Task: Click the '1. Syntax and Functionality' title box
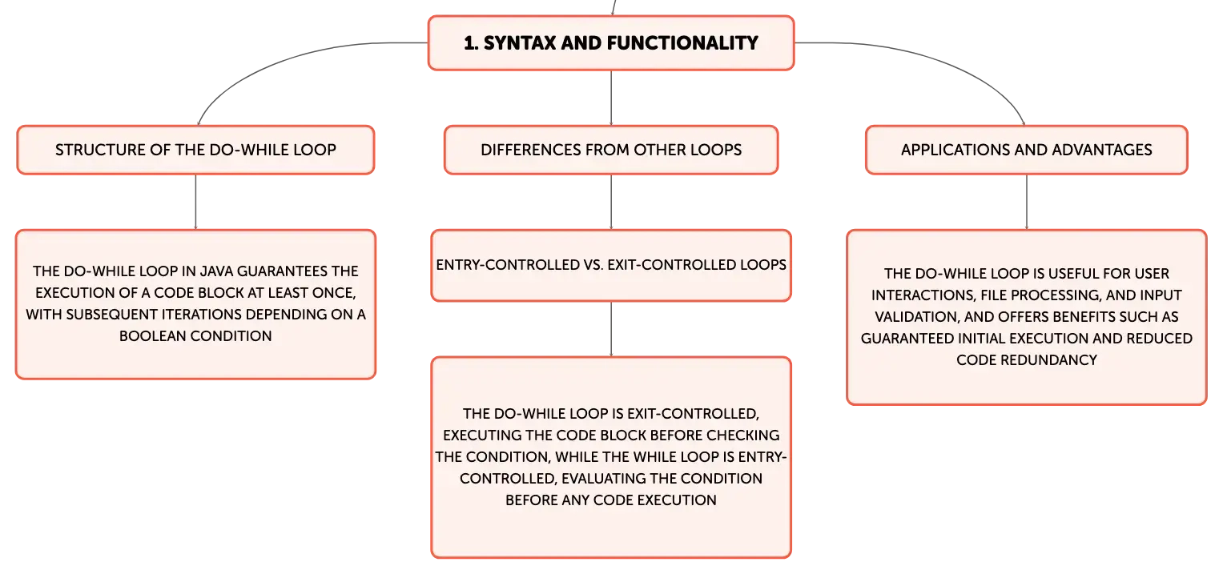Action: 611,43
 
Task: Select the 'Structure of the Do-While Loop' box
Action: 195,150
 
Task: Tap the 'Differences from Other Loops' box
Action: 611,150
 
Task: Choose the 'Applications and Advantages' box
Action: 1027,150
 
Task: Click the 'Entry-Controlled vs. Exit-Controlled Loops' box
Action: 611,265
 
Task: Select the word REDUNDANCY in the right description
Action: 1049,360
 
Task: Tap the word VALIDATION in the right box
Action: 916,317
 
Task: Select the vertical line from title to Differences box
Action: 611,98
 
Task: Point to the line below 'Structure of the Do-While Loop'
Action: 195,202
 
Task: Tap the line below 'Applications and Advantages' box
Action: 1027,202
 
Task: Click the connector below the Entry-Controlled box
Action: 611,329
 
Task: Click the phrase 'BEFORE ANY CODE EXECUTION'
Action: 611,500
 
